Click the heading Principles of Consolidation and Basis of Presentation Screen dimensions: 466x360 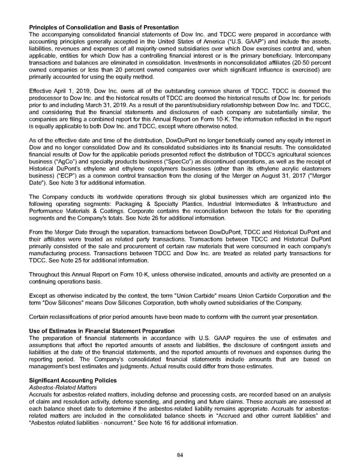click(x=104, y=28)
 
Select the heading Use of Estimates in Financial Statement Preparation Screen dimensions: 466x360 click(x=101, y=331)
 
